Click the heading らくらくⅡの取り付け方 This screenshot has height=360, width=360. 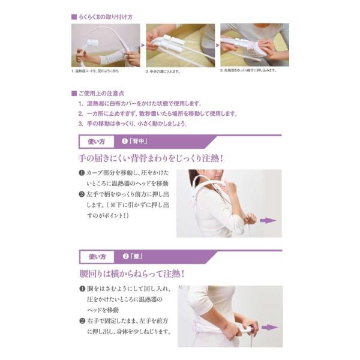point(102,17)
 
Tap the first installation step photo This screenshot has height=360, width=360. point(106,45)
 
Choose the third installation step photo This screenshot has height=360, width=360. point(254,45)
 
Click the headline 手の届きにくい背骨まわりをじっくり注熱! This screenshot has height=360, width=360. point(151,159)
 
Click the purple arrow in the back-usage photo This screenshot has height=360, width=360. point(267,220)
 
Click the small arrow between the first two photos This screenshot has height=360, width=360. point(143,45)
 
